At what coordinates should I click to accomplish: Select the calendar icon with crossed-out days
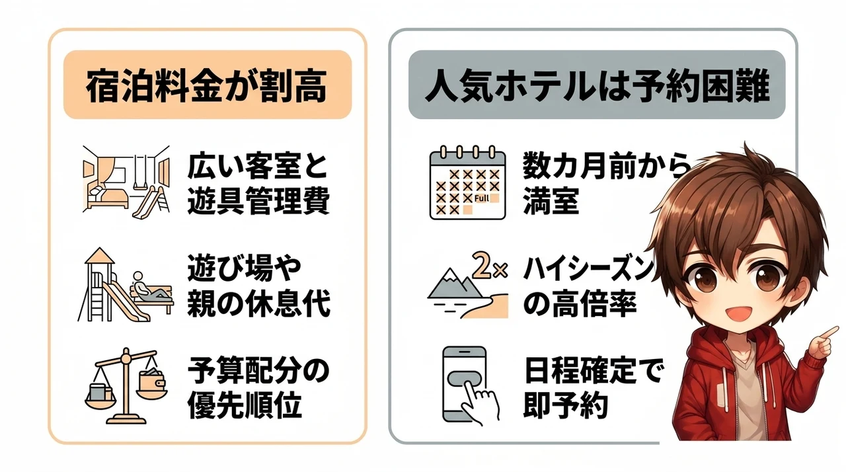[467, 182]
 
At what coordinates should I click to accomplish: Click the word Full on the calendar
[482, 198]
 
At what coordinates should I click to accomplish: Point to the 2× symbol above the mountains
[490, 267]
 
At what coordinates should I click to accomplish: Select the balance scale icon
[126, 386]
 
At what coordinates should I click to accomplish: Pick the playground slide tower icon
[113, 285]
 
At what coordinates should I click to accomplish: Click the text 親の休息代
[258, 303]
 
